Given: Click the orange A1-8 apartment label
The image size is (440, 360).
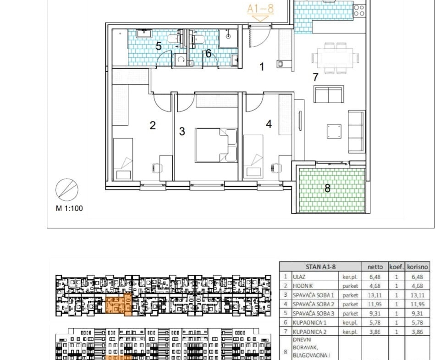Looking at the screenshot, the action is (260, 8).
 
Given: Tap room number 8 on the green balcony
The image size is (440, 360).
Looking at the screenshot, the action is (327, 188).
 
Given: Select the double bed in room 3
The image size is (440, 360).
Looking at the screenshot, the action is (216, 145).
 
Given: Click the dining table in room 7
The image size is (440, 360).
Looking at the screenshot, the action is (335, 58).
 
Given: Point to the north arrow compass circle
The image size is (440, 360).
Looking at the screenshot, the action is (67, 189).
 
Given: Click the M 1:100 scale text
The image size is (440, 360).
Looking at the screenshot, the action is (69, 208).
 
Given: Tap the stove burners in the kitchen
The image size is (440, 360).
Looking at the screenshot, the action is (359, 11).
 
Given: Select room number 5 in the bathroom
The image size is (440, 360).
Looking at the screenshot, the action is (159, 46).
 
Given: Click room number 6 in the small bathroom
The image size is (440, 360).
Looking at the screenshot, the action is (208, 53).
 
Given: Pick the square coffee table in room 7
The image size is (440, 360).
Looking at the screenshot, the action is (334, 132).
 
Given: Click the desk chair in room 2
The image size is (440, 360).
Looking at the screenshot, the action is (157, 168).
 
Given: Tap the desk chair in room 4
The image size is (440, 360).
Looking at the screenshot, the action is (276, 168).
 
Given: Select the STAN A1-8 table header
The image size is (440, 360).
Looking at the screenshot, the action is (321, 266).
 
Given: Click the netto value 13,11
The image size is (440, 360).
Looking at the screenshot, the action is (375, 295).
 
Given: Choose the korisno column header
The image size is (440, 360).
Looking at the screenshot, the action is (418, 266).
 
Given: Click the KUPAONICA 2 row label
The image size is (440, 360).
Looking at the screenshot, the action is (310, 332).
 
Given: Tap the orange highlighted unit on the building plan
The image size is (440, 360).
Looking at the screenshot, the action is (118, 305).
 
